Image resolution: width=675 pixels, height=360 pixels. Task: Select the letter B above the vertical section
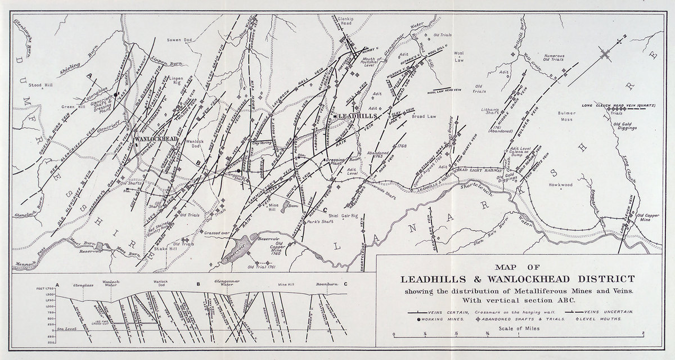[198, 285]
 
